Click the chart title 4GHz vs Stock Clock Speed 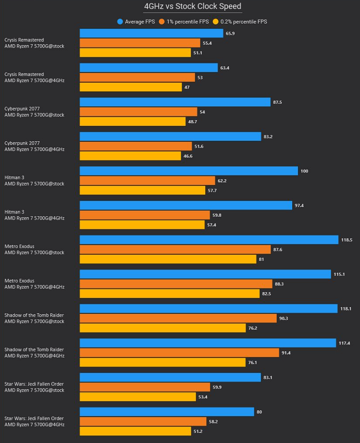[193, 6]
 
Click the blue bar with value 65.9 [151, 33]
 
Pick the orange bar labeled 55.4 [140, 43]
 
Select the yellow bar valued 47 [131, 87]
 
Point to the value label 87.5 [277, 102]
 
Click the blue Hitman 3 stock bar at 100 [189, 171]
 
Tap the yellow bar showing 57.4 [142, 225]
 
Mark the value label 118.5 [346, 240]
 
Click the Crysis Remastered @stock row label [34, 43]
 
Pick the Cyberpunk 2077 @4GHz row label [34, 146]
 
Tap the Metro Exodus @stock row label [34, 249]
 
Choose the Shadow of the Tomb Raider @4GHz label [34, 353]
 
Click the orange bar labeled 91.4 [179, 353]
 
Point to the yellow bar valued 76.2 [163, 328]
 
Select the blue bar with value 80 [167, 412]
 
